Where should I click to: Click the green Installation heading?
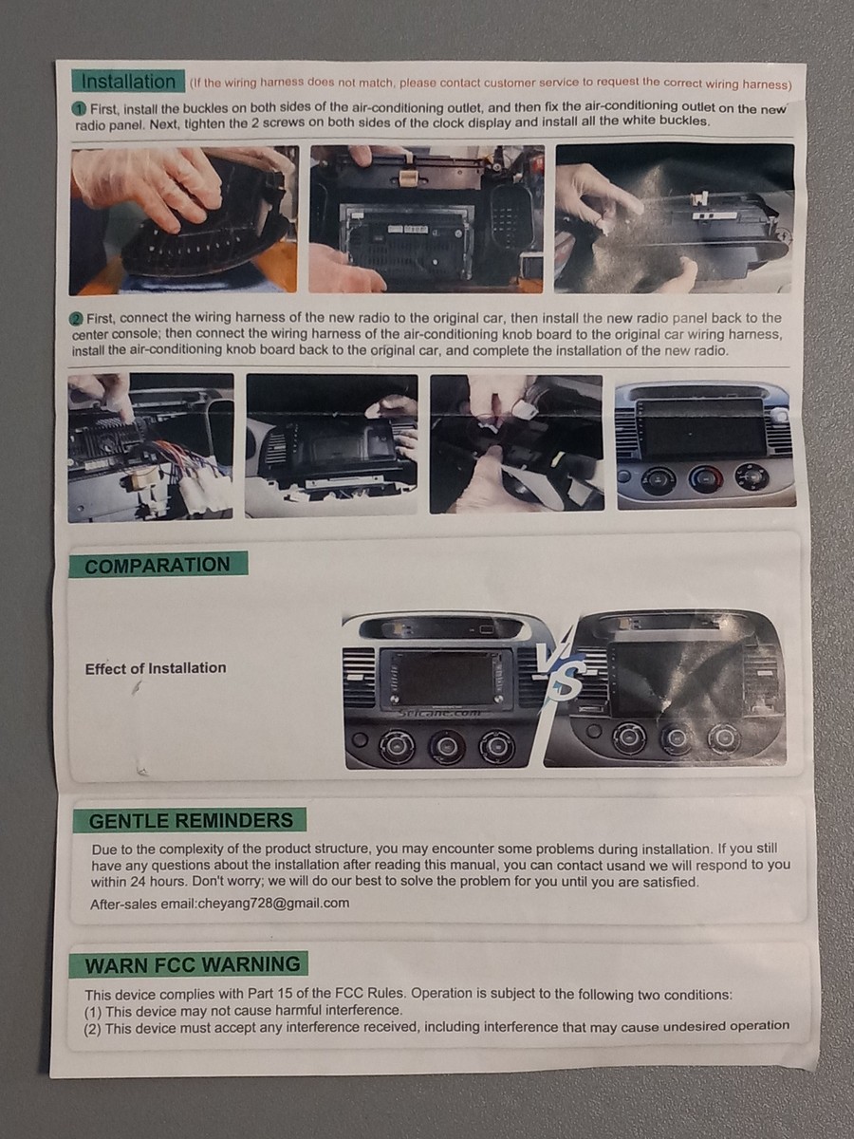pyautogui.click(x=128, y=82)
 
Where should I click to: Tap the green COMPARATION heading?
pyautogui.click(x=158, y=565)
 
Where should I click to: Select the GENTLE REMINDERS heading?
pyautogui.click(x=190, y=820)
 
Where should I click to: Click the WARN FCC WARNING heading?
pyautogui.click(x=189, y=964)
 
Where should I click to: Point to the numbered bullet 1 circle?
pyautogui.click(x=80, y=109)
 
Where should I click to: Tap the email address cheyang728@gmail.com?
pyautogui.click(x=274, y=904)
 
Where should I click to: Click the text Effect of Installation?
pyautogui.click(x=156, y=668)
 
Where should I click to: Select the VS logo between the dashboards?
pyautogui.click(x=559, y=670)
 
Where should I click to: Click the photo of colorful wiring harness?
pyautogui.click(x=150, y=447)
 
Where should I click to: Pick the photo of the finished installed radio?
pyautogui.click(x=706, y=445)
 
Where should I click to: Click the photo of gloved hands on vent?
pyautogui.click(x=184, y=220)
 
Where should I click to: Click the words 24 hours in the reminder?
pyautogui.click(x=159, y=882)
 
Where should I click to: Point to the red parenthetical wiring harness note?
pyautogui.click(x=491, y=83)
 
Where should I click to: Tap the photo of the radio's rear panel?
pyautogui.click(x=426, y=219)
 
